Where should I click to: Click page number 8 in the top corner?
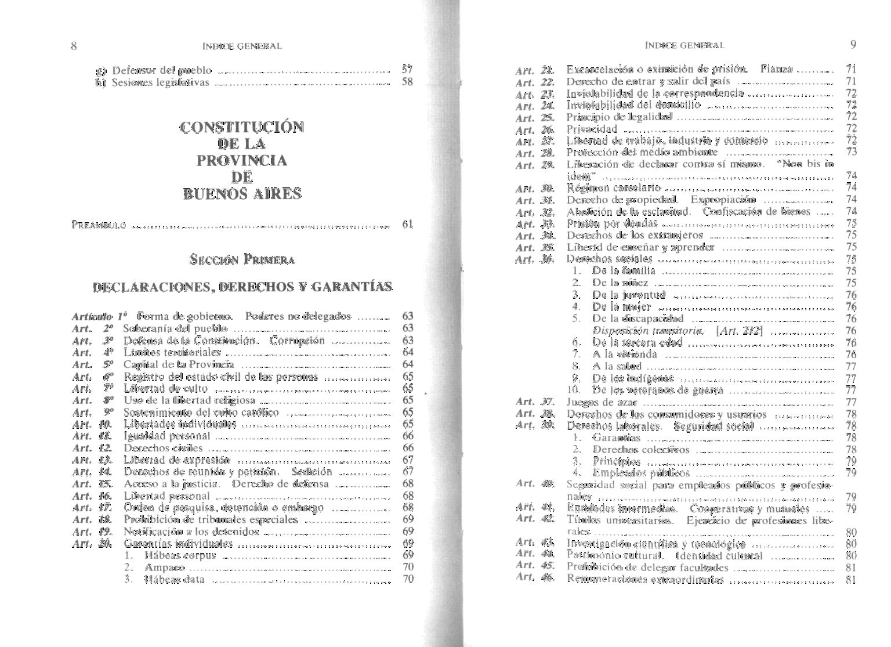(74, 46)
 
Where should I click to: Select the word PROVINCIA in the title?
(242, 160)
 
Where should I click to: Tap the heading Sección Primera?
(242, 259)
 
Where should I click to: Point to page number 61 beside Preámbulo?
(407, 224)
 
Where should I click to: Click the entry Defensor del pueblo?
(162, 71)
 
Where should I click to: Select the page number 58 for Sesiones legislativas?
(407, 82)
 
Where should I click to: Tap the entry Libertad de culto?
(165, 388)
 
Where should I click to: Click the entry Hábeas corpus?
(180, 555)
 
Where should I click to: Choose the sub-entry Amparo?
(165, 567)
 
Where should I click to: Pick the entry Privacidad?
(592, 129)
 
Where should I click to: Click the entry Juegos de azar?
(602, 402)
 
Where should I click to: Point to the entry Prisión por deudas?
(612, 223)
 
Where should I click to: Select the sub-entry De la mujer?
(621, 306)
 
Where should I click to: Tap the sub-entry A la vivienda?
(624, 354)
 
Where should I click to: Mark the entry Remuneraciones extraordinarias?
(645, 579)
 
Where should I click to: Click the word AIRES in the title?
(271, 194)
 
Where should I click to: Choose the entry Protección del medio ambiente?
(642, 153)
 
